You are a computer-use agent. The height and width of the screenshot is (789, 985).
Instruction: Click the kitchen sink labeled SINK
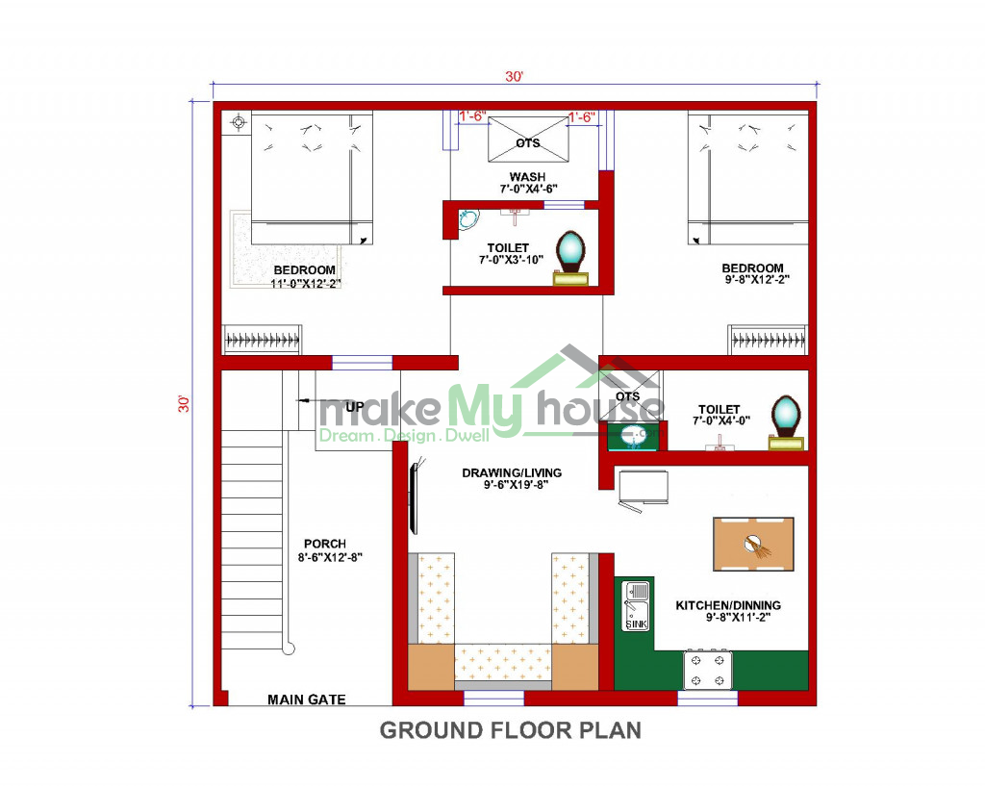point(636,606)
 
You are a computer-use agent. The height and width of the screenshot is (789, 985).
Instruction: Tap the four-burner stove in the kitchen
point(708,670)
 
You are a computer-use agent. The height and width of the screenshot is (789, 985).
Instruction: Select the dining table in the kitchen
point(753,544)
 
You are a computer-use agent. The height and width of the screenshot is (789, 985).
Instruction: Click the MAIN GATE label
point(307,700)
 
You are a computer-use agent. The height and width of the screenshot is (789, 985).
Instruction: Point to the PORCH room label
point(325,544)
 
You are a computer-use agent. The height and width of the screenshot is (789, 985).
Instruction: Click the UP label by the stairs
point(354,407)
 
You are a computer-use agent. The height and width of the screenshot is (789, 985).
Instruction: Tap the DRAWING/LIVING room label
point(512,473)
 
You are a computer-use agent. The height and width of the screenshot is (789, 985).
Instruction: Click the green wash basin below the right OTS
point(633,437)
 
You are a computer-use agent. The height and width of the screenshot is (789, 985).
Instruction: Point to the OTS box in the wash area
point(528,140)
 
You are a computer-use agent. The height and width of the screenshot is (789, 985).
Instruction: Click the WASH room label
point(527,177)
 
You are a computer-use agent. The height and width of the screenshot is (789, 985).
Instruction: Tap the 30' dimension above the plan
point(514,77)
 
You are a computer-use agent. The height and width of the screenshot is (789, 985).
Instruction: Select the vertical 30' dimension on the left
point(184,403)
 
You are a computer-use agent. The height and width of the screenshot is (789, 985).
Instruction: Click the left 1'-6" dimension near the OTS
point(472,116)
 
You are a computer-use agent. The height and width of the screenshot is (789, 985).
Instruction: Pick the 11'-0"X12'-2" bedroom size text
point(305,283)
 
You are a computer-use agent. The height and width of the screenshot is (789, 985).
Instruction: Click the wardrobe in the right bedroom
point(768,341)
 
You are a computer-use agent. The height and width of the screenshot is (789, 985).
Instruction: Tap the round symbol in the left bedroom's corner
point(239,122)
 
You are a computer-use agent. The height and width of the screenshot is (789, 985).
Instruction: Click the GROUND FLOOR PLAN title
point(511,730)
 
